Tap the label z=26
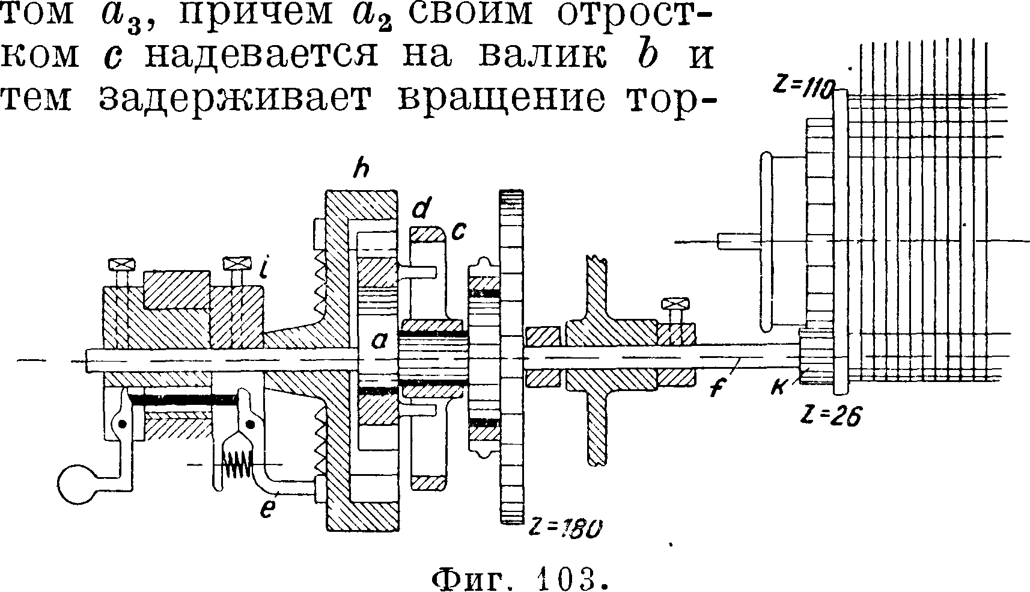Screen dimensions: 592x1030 coord(831,415)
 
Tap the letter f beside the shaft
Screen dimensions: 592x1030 coord(715,389)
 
